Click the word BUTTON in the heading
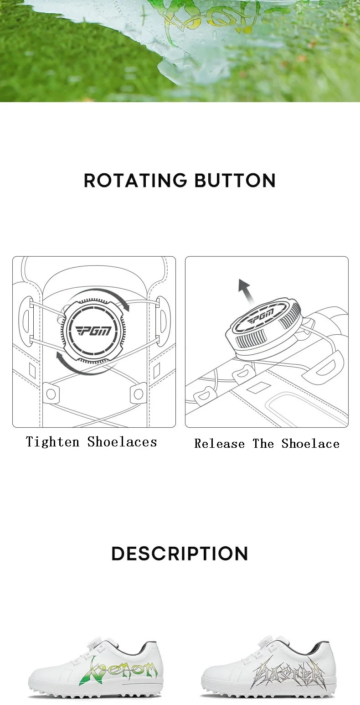pyautogui.click(x=235, y=180)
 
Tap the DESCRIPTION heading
pyautogui.click(x=180, y=554)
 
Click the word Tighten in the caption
pyautogui.click(x=53, y=442)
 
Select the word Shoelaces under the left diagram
pyautogui.click(x=122, y=442)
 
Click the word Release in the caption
pyautogui.click(x=220, y=444)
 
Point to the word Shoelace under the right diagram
pyautogui.click(x=310, y=444)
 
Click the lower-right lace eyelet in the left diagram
pyautogui.click(x=137, y=393)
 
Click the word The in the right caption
pyautogui.click(x=263, y=444)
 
